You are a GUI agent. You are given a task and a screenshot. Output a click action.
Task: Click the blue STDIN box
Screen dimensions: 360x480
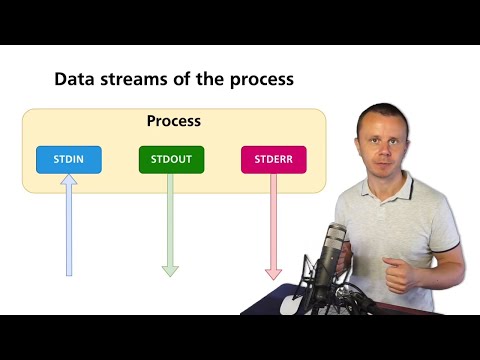tap(68, 159)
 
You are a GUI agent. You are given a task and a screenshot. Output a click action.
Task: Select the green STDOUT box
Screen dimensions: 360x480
tap(171, 159)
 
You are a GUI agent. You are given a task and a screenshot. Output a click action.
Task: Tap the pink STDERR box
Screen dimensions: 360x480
tap(273, 159)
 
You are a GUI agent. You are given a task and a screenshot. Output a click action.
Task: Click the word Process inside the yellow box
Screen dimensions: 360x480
tap(174, 121)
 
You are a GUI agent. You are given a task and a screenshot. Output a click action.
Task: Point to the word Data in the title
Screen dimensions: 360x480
tap(72, 79)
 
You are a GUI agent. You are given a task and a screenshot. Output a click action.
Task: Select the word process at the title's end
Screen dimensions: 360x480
tap(261, 79)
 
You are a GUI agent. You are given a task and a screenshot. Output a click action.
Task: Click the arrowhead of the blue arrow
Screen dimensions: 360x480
tap(68, 181)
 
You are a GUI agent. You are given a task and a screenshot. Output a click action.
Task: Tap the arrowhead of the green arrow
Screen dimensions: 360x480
tap(170, 269)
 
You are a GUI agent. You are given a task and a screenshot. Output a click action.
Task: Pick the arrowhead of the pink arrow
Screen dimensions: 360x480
tap(273, 271)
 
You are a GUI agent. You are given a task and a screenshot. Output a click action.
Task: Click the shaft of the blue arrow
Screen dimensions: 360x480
tap(68, 230)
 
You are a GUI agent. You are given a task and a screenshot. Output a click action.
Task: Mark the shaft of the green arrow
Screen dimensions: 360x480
tap(170, 220)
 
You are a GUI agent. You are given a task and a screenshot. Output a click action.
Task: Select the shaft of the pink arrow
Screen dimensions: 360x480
tap(273, 220)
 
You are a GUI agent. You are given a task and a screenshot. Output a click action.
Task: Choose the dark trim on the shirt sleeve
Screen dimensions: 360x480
tap(456, 246)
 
